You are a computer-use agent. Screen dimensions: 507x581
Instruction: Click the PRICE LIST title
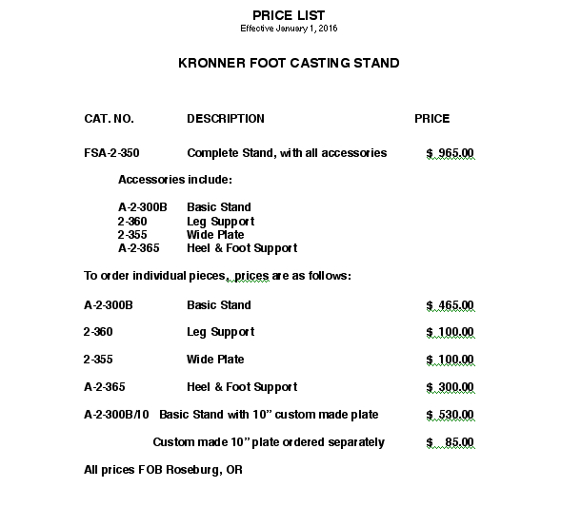(x=289, y=15)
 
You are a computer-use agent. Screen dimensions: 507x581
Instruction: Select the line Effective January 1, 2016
(x=289, y=29)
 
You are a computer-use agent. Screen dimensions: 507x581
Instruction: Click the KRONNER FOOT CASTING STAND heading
(x=289, y=64)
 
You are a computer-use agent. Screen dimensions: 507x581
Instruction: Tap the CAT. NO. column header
(x=110, y=119)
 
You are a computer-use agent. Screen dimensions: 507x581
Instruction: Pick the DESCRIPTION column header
(x=226, y=119)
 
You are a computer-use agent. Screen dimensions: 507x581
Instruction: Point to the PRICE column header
(x=431, y=119)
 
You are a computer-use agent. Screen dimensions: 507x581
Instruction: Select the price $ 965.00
(x=450, y=153)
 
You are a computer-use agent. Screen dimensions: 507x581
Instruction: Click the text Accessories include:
(x=175, y=180)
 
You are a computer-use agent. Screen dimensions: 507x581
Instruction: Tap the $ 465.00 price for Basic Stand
(x=450, y=305)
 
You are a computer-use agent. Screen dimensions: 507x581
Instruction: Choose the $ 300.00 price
(x=450, y=387)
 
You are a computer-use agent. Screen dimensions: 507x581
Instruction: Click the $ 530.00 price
(x=450, y=415)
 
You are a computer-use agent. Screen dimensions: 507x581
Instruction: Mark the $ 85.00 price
(x=450, y=442)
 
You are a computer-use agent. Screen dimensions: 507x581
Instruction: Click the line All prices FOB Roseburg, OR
(x=163, y=470)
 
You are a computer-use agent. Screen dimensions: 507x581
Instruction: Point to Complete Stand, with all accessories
(x=287, y=153)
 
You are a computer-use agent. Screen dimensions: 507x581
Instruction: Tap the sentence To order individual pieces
(x=218, y=277)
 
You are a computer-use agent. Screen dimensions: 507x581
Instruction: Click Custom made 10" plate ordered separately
(x=269, y=442)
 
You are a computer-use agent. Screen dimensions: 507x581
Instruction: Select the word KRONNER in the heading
(x=210, y=64)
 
